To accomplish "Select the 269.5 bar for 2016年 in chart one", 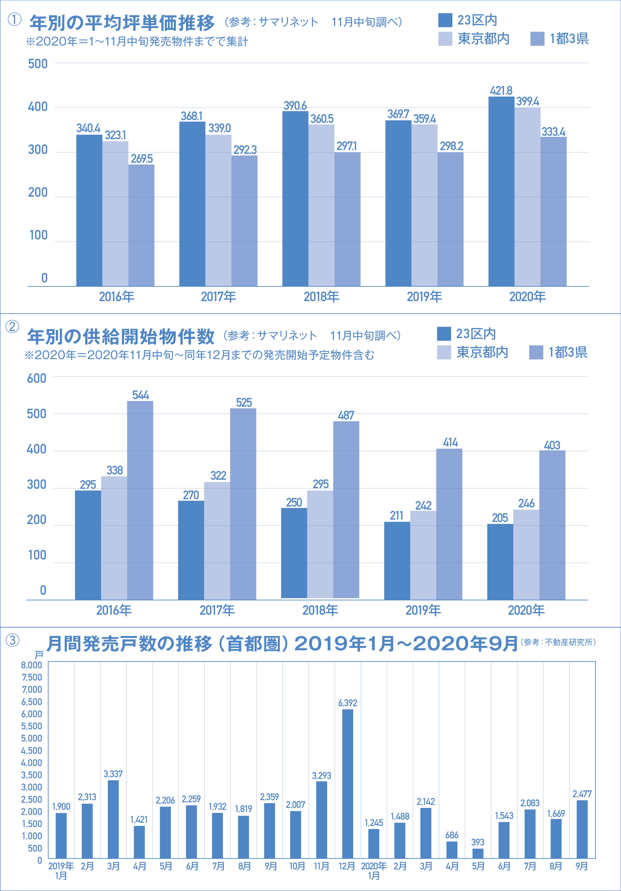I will [141, 225].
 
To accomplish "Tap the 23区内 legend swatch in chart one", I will [445, 20].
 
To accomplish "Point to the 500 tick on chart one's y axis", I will [38, 64].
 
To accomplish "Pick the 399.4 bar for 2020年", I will [527, 197].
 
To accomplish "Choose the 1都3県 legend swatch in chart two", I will [536, 352].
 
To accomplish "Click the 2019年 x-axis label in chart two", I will [423, 610].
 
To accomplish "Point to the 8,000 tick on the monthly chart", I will [31, 665].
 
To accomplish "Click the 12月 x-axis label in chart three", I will [347, 866].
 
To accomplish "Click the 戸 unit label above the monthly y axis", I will [39, 655].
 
